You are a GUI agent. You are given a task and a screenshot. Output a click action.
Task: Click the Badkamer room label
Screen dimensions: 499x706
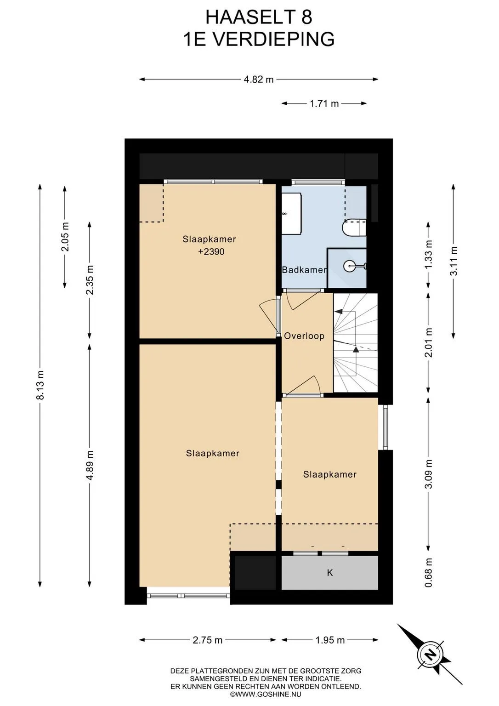pyautogui.click(x=304, y=270)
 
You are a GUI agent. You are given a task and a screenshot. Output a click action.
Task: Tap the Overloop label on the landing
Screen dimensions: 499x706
pyautogui.click(x=304, y=336)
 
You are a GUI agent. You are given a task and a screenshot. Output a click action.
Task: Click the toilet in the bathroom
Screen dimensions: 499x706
pyautogui.click(x=354, y=228)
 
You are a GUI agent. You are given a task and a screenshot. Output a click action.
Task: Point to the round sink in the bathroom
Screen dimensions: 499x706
pyautogui.click(x=350, y=265)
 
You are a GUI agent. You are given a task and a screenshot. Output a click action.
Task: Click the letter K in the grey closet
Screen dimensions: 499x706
pyautogui.click(x=330, y=573)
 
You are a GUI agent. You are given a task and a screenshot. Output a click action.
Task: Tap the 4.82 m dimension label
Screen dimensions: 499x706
pyautogui.click(x=259, y=79)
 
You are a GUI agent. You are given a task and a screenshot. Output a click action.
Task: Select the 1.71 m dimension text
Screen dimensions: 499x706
pyautogui.click(x=324, y=103)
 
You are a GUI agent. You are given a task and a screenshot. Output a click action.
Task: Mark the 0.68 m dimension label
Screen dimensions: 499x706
pyautogui.click(x=428, y=572)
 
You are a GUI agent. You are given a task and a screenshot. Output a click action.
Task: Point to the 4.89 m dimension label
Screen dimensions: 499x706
pyautogui.click(x=90, y=465)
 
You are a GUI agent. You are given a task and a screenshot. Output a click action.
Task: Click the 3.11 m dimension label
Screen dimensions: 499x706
pyautogui.click(x=454, y=261)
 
